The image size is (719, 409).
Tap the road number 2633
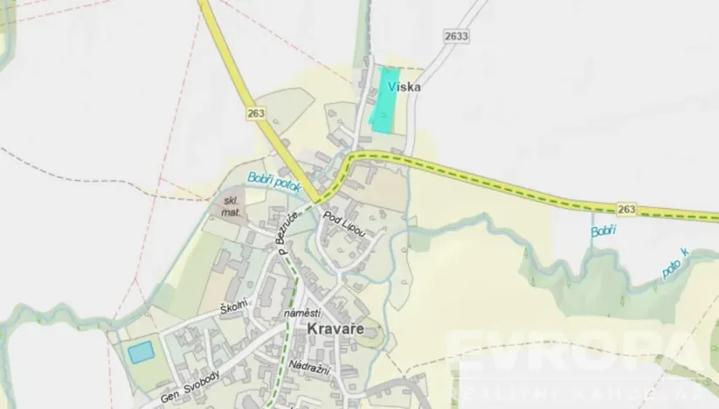pos(456,36)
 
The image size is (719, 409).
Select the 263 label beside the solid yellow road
pos(255,113)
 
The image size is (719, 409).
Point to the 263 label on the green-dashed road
pos(626,209)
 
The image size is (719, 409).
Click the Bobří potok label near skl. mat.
pos(273,182)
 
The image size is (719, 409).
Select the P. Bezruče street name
pos(289,232)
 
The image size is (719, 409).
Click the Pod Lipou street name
pos(342,225)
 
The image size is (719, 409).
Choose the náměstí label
pos(303,313)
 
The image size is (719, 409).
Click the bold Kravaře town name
pos(333,329)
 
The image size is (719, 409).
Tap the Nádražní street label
pos(308,368)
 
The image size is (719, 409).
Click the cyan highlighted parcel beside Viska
pos(384,100)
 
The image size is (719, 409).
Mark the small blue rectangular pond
pos(141,351)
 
